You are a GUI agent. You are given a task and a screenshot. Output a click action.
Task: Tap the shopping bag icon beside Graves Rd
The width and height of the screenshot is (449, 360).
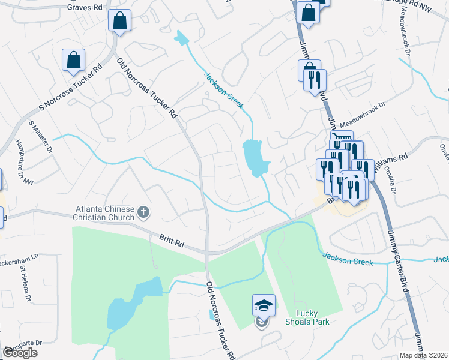(119, 20)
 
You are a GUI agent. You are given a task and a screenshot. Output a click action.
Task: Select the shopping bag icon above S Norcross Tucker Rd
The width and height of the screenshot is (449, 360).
(73, 61)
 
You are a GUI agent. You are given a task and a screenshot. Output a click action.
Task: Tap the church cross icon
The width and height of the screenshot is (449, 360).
(143, 211)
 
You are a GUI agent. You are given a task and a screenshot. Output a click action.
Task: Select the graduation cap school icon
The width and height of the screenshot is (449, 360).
(264, 306)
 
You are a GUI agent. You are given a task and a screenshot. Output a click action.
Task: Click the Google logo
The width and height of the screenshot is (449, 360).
(20, 353)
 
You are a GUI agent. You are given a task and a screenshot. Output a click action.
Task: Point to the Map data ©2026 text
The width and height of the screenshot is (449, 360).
(424, 355)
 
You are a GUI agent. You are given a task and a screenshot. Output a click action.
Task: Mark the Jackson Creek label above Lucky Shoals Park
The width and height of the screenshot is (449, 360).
(348, 259)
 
